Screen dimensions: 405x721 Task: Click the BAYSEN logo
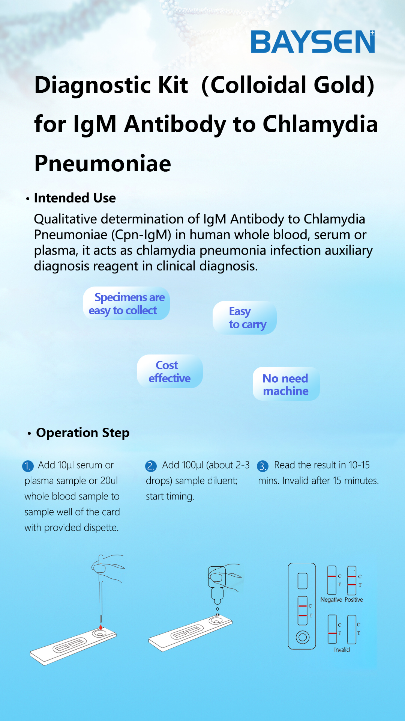click(313, 42)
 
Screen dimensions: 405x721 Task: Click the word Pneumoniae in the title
click(103, 163)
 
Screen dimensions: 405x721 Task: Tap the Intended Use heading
click(75, 198)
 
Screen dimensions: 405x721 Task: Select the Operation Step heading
click(82, 433)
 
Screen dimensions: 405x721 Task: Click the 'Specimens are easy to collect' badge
click(126, 303)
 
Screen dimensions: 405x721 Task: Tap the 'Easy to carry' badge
click(244, 318)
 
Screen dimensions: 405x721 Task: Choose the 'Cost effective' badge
click(170, 371)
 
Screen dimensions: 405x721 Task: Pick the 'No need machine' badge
click(286, 384)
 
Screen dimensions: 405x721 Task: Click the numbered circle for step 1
click(28, 466)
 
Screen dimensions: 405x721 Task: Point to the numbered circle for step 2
click(150, 466)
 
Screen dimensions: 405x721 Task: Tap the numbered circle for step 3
click(262, 466)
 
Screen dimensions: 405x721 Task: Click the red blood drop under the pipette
click(100, 627)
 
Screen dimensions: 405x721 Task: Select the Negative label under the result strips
click(331, 600)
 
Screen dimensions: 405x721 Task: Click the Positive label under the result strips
click(354, 600)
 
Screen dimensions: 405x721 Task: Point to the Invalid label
click(342, 650)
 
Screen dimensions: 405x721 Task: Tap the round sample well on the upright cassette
click(302, 637)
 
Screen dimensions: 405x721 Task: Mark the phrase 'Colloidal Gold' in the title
click(288, 85)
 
